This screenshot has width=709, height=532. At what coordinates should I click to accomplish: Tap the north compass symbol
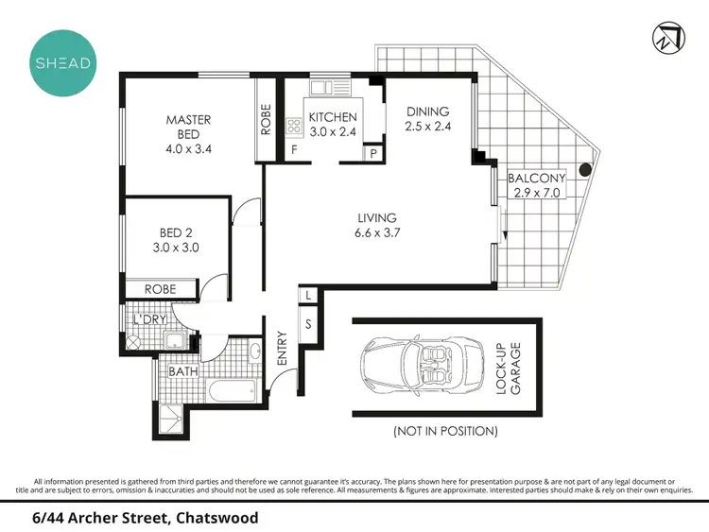pyautogui.click(x=666, y=37)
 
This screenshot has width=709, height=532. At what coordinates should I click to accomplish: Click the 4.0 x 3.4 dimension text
pyautogui.click(x=188, y=147)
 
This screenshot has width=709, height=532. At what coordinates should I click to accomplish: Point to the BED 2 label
pyautogui.click(x=174, y=233)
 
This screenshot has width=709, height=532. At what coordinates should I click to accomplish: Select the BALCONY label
pyautogui.click(x=535, y=178)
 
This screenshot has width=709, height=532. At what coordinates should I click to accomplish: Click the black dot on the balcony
pyautogui.click(x=586, y=170)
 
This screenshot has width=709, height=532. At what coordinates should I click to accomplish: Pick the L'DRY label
pyautogui.click(x=149, y=319)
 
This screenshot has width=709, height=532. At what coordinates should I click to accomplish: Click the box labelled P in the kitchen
pyautogui.click(x=373, y=153)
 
